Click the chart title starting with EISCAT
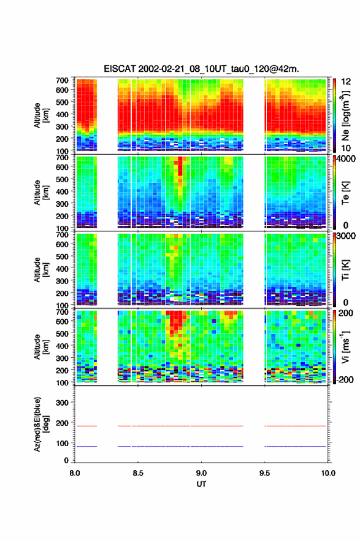tap(201, 69)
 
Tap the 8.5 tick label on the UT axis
tap(137, 473)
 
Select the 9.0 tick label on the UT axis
tap(201, 473)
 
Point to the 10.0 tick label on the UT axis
tap(328, 473)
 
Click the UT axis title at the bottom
tap(201, 484)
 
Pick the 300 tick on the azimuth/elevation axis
tap(63, 403)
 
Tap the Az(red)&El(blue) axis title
tap(41, 424)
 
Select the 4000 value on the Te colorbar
tap(345, 159)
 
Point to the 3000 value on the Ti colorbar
tap(345, 236)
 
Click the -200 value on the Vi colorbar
tap(344, 379)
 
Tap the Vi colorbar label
tap(345, 347)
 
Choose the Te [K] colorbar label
tap(345, 193)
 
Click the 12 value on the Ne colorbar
tap(346, 82)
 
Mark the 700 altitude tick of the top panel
tap(63, 80)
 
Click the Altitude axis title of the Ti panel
tap(41, 269)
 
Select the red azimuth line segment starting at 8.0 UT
tap(86, 426)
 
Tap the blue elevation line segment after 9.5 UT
tap(295, 446)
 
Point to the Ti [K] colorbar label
tap(345, 269)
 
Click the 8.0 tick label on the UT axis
tap(74, 473)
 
